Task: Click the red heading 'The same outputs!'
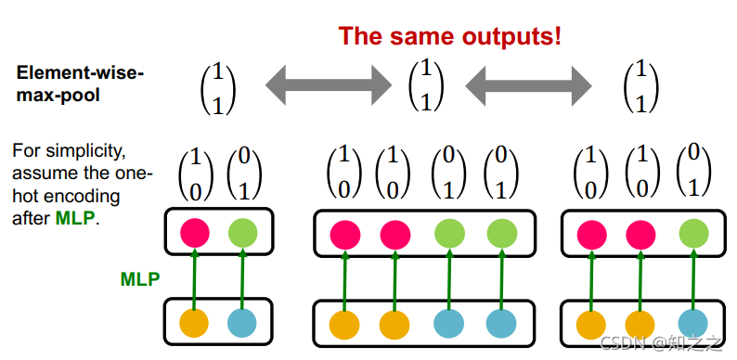(450, 35)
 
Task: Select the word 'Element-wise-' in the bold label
(80, 73)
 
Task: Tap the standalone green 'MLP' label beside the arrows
(140, 279)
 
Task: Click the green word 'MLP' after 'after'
(75, 219)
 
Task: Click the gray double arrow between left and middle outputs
(328, 85)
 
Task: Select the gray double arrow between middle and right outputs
(528, 85)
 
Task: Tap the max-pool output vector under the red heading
(426, 86)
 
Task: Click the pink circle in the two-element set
(195, 232)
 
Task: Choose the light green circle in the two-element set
(242, 232)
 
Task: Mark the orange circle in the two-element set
(194, 323)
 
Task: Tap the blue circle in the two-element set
(242, 323)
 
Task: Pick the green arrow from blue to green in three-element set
(693, 280)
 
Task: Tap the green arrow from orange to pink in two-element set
(195, 279)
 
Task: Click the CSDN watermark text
(661, 344)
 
